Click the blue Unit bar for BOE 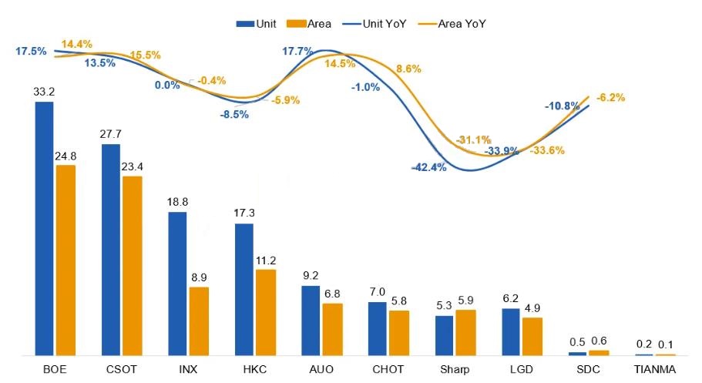click(x=45, y=228)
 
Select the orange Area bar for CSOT click(x=132, y=265)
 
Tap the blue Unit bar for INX click(x=177, y=283)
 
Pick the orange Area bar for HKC click(x=265, y=312)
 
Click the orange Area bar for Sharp click(x=465, y=332)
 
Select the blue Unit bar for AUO click(x=311, y=320)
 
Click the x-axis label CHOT click(x=388, y=369)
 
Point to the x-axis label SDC click(x=589, y=369)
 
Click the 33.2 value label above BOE click(x=43, y=91)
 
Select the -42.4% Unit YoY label click(x=428, y=167)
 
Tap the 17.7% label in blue click(x=297, y=52)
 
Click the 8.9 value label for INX click(x=199, y=277)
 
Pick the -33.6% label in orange click(x=547, y=150)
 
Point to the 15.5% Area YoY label click(x=145, y=55)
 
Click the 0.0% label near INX click(x=167, y=86)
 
